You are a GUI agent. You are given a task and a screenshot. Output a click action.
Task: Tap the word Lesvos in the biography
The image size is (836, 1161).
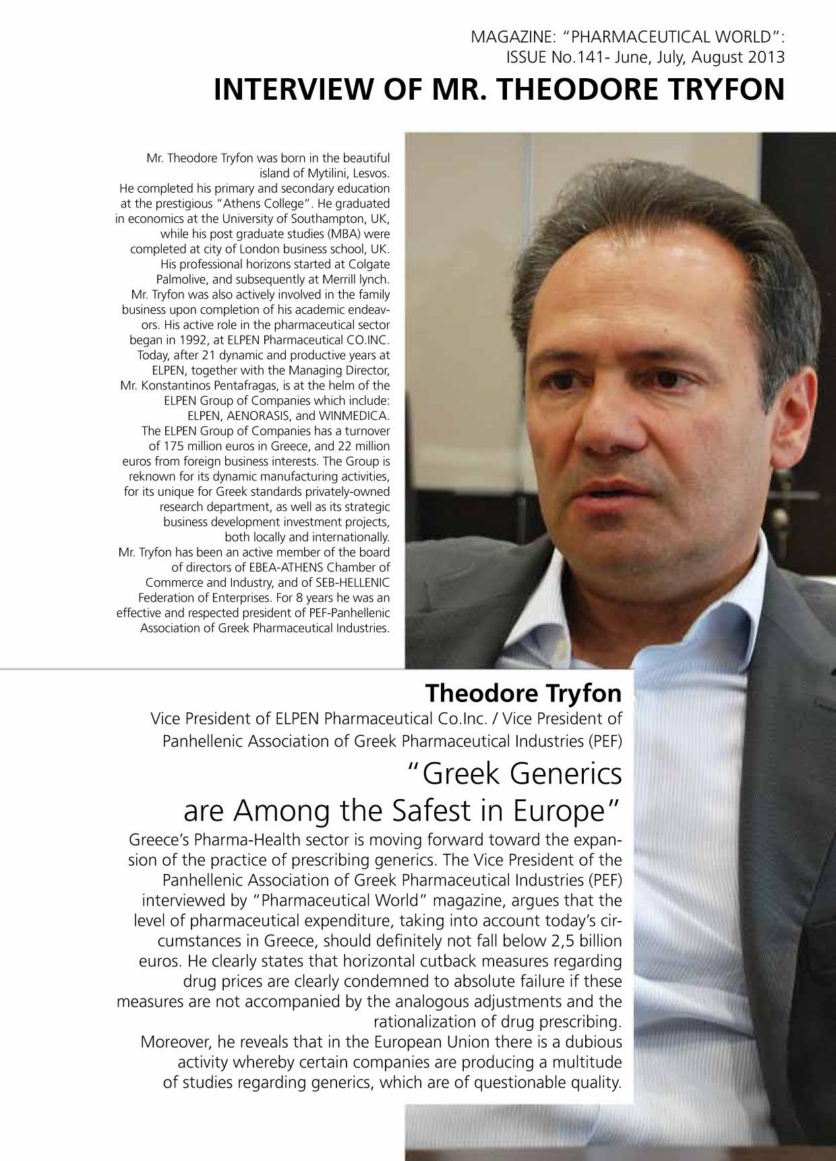point(371,173)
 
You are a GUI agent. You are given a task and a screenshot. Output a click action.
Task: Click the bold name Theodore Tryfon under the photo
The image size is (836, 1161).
point(523,692)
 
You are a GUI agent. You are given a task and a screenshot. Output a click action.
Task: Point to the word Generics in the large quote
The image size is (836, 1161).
point(566,774)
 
